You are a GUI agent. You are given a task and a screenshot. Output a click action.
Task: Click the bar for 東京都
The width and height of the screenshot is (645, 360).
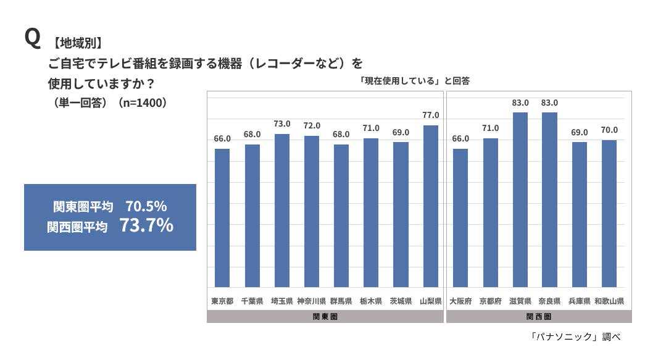pyautogui.click(x=222, y=217)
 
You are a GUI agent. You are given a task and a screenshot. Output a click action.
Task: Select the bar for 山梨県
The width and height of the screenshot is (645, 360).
pyautogui.click(x=431, y=206)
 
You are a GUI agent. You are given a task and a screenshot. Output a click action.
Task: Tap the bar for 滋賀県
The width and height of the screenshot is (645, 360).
pyautogui.click(x=520, y=199)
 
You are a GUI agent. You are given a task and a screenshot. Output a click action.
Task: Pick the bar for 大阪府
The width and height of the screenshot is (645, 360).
pyautogui.click(x=460, y=217)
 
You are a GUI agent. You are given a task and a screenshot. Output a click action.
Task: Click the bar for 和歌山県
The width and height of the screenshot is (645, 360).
pyautogui.click(x=609, y=213)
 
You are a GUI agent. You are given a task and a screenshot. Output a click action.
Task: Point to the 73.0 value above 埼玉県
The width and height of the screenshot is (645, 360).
pyautogui.click(x=282, y=124)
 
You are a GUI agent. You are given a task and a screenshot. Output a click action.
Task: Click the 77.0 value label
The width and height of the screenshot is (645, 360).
pyautogui.click(x=431, y=115)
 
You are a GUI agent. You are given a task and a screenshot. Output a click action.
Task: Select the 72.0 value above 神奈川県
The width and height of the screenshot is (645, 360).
pyautogui.click(x=312, y=126)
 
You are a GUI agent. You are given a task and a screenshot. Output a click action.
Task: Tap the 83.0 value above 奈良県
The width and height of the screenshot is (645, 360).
pyautogui.click(x=549, y=103)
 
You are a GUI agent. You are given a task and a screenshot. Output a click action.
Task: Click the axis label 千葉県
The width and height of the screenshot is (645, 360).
pyautogui.click(x=252, y=301)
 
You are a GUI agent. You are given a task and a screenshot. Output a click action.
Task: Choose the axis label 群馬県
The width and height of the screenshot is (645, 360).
pyautogui.click(x=341, y=301)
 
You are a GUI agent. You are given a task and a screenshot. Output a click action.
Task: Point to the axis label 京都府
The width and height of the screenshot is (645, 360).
pyautogui.click(x=490, y=301)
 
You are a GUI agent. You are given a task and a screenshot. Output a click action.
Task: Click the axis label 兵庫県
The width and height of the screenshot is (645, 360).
pyautogui.click(x=579, y=301)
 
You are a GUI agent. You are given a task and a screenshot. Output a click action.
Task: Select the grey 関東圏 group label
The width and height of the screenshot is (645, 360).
pyautogui.click(x=325, y=316)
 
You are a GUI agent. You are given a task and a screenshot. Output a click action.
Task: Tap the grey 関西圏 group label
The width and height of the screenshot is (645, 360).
pyautogui.click(x=539, y=316)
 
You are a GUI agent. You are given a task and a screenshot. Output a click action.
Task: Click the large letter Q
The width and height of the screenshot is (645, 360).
pyautogui.click(x=32, y=38)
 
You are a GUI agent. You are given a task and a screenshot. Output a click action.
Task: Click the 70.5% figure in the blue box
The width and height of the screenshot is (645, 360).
pyautogui.click(x=146, y=206)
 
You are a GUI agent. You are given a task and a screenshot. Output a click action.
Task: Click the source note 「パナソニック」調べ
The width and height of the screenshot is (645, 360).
pyautogui.click(x=575, y=337)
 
